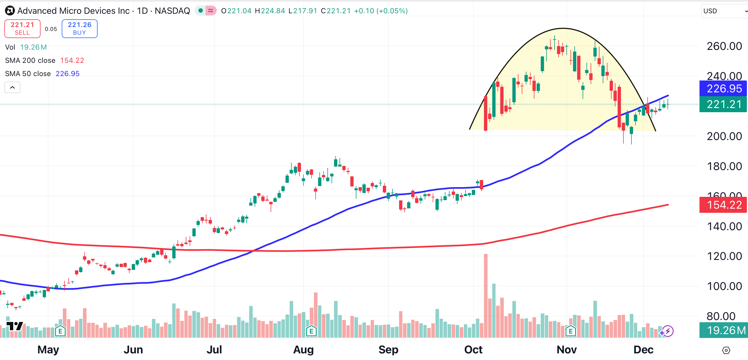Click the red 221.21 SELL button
[22, 28]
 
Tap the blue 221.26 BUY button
[79, 28]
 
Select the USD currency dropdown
[724, 11]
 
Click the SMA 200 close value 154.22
[72, 60]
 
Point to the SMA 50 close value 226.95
[67, 74]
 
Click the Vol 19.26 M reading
[33, 47]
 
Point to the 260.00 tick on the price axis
[724, 46]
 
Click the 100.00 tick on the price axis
[724, 286]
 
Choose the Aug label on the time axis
[303, 350]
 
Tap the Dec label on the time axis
[643, 350]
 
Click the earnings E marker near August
[311, 331]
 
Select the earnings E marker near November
[571, 331]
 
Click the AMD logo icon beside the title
[10, 11]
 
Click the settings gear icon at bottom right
[726, 350]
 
